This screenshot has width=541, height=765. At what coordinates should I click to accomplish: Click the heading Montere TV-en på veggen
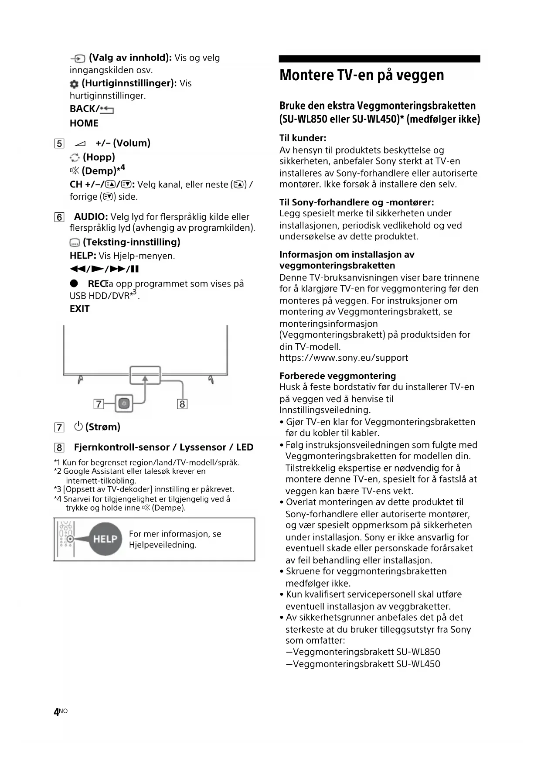pyautogui.click(x=361, y=75)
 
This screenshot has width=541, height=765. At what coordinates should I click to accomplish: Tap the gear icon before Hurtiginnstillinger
pyautogui.click(x=74, y=84)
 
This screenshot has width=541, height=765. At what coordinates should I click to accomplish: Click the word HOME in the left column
pyautogui.click(x=84, y=123)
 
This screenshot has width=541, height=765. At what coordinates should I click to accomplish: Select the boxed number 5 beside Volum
pyautogui.click(x=59, y=143)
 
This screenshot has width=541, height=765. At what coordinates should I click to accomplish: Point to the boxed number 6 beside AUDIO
pyautogui.click(x=59, y=217)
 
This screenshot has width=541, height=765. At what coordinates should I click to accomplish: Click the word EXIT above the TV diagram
pyautogui.click(x=79, y=309)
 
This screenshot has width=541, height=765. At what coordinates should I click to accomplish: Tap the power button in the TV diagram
pyautogui.click(x=124, y=403)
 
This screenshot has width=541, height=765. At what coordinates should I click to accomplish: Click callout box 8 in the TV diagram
pyautogui.click(x=182, y=404)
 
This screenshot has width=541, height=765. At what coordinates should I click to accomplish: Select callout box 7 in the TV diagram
pyautogui.click(x=99, y=404)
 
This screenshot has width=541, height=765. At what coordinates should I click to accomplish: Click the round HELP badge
pyautogui.click(x=105, y=539)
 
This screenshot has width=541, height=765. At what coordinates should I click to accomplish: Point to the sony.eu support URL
pyautogui.click(x=344, y=358)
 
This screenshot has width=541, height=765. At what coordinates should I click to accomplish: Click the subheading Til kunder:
pyautogui.click(x=303, y=138)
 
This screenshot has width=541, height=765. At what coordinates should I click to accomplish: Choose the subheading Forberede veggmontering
pyautogui.click(x=337, y=376)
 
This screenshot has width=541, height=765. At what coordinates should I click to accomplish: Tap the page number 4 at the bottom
pyautogui.click(x=56, y=712)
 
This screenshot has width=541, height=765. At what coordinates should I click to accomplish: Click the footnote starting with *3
pyautogui.click(x=144, y=489)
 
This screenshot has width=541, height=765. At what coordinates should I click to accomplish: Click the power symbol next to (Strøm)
pyautogui.click(x=78, y=427)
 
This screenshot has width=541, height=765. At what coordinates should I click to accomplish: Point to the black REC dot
pyautogui.click(x=74, y=283)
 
